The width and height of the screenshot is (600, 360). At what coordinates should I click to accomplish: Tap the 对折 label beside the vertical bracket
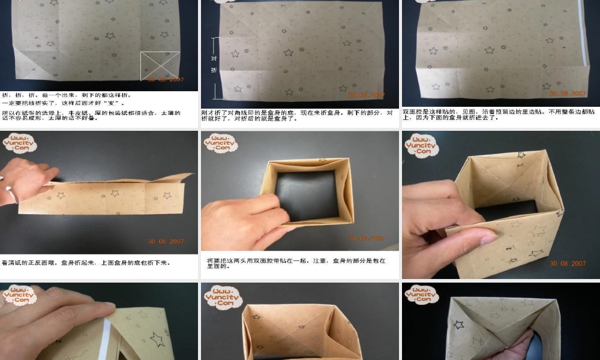(x=214, y=64)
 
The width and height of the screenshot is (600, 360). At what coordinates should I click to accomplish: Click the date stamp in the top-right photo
(x=568, y=94)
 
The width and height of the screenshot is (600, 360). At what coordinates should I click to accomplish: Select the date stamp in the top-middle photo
(x=367, y=95)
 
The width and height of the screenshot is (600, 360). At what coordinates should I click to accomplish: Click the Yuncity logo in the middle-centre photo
(x=220, y=143)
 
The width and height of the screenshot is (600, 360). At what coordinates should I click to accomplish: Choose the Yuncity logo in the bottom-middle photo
(x=223, y=296)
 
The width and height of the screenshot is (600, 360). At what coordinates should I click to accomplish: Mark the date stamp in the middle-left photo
(x=167, y=242)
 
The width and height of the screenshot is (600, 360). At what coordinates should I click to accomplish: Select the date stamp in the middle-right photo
(x=568, y=263)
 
